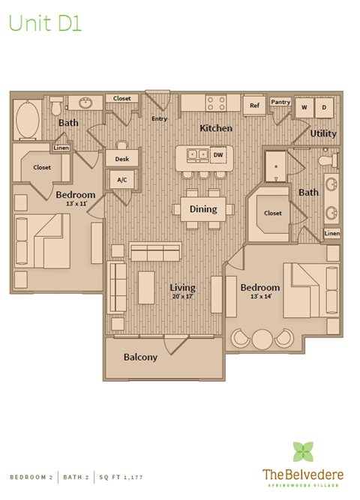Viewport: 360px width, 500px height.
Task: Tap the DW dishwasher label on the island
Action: pos(218,154)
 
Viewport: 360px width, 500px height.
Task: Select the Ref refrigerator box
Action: pos(254,106)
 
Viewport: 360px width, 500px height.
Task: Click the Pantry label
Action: pos(280,102)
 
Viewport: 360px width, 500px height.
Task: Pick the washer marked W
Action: pos(304,108)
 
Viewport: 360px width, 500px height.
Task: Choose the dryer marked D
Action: pos(324,108)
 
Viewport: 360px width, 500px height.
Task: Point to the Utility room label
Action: pos(323,133)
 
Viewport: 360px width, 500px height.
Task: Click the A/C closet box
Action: pos(120,180)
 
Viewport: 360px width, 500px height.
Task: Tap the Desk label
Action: pos(121,158)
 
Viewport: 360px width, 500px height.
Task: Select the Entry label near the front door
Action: pos(159,118)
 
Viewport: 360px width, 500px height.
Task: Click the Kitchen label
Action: pos(215,128)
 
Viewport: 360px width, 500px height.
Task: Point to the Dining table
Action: pos(202,210)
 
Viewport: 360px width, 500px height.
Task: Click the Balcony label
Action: pos(140,357)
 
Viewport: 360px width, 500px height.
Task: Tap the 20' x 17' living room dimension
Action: pos(182,297)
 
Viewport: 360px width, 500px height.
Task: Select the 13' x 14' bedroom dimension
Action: pos(259,297)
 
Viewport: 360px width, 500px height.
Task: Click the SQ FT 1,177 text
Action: pos(120,477)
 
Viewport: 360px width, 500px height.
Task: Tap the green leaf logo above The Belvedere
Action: pos(304,452)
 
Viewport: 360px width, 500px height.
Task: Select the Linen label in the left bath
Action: pos(61,148)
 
